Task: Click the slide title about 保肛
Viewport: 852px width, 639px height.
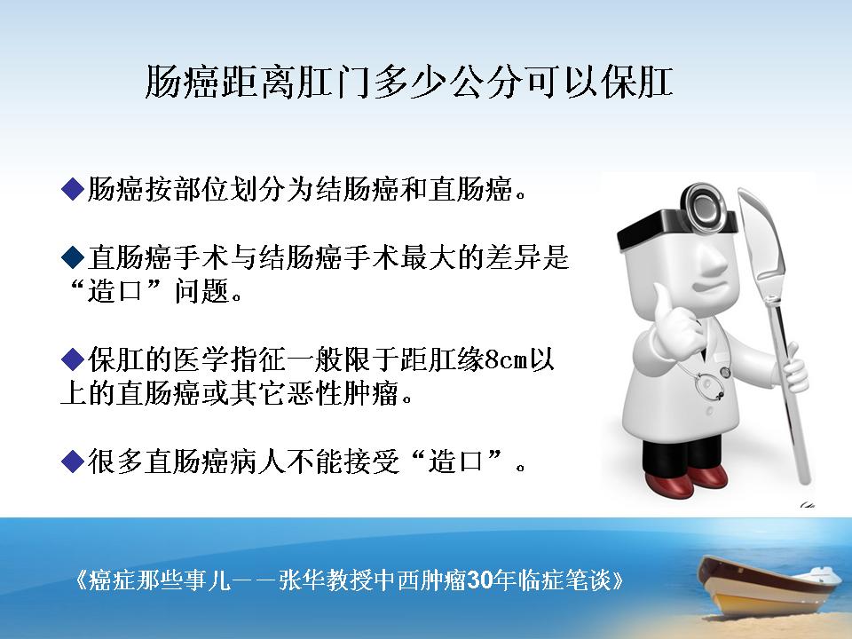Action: coord(409,83)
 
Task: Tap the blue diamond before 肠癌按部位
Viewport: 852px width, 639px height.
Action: coord(73,189)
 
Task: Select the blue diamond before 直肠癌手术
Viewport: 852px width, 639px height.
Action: coord(73,256)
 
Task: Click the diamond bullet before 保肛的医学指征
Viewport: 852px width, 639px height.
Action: coord(73,359)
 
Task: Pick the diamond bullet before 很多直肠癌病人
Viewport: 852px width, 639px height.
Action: coord(73,461)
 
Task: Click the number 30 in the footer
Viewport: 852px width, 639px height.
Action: coord(478,580)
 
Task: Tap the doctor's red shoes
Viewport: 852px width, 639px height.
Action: coord(686,480)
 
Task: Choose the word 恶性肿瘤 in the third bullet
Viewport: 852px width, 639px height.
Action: coord(343,393)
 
